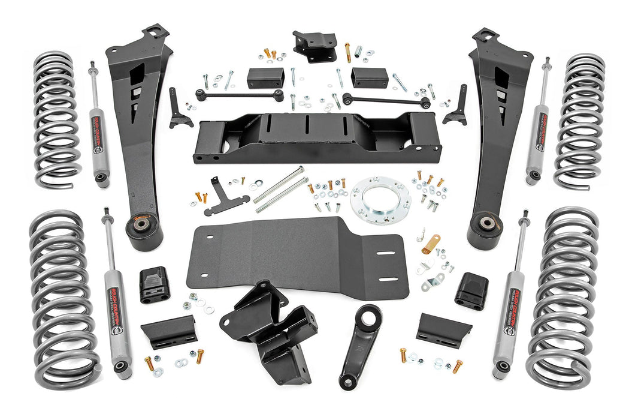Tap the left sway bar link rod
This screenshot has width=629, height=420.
[240, 95]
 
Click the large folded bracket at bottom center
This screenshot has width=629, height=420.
[270, 330]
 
